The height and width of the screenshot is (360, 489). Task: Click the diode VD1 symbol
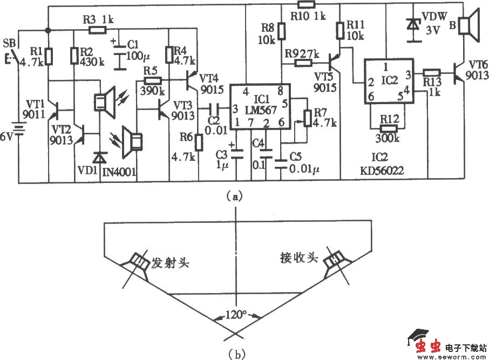click(x=99, y=158)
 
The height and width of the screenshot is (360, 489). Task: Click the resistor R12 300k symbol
click(x=388, y=129)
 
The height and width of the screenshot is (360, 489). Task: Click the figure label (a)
click(x=235, y=197)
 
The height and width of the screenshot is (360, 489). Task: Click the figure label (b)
click(x=236, y=354)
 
